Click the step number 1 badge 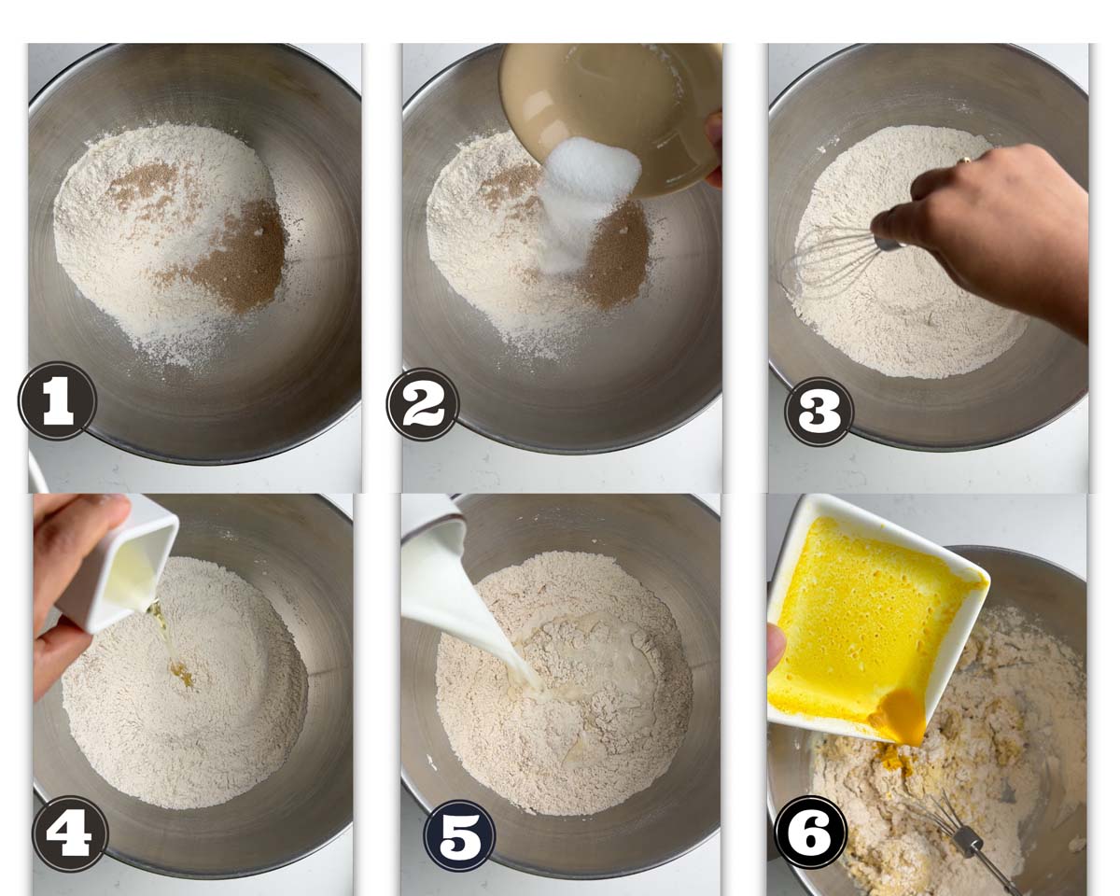[57, 401]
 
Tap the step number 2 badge [423, 404]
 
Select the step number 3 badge [819, 412]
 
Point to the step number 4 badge [70, 833]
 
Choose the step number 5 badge [459, 834]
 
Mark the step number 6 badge [810, 832]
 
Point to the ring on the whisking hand [964, 160]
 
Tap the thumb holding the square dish [777, 648]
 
